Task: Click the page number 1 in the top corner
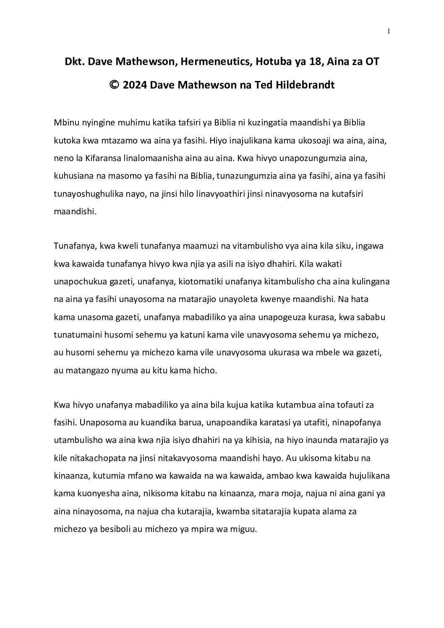[389, 31]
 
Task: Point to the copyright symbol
[113, 84]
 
